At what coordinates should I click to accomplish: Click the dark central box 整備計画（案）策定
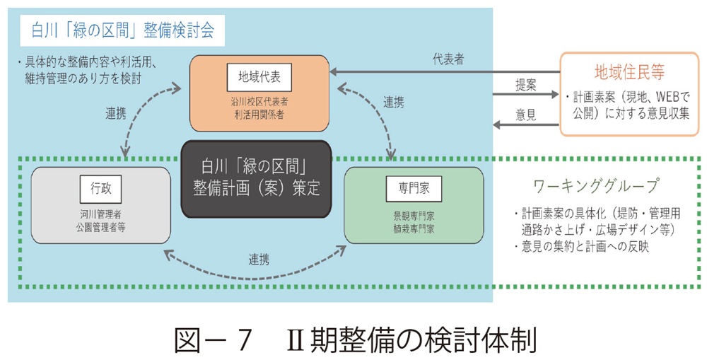point(257,179)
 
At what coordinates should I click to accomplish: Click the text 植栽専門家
point(414,228)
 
